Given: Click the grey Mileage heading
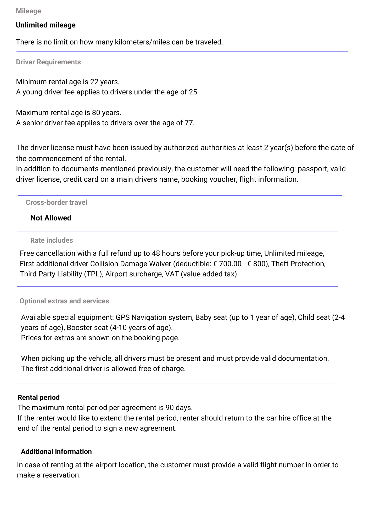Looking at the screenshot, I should pyautogui.click(x=28, y=11).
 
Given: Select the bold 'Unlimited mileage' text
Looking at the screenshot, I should pyautogui.click(x=46, y=25).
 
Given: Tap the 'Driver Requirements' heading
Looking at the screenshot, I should pyautogui.click(x=48, y=62).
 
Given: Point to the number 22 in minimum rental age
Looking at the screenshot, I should pyautogui.click(x=94, y=82).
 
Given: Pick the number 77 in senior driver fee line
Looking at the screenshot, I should pyautogui.click(x=189, y=123).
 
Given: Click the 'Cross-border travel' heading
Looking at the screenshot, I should pyautogui.click(x=56, y=202).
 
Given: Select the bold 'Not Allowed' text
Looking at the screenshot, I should pyautogui.click(x=51, y=218).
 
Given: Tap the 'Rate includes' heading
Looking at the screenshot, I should pyautogui.click(x=52, y=240).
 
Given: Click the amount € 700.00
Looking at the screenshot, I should pyautogui.click(x=227, y=264).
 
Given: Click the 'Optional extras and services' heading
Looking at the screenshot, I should pyautogui.click(x=64, y=301).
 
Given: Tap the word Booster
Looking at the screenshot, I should pyautogui.click(x=80, y=328).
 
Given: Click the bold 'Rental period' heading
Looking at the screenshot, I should pyautogui.click(x=39, y=397).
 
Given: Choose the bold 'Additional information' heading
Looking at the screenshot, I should pyautogui.click(x=56, y=452).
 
